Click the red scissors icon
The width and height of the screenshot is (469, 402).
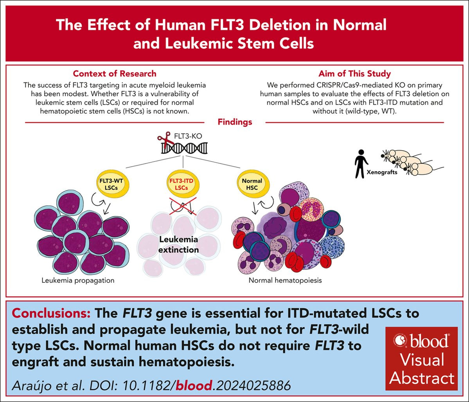(165, 140)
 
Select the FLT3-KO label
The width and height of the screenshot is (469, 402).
(188, 136)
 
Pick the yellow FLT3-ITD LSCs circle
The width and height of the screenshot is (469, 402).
(181, 185)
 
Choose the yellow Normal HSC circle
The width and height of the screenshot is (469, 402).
(252, 185)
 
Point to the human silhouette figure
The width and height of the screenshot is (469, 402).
(361, 164)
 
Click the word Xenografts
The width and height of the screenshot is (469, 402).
(382, 172)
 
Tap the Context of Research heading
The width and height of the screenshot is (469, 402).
(115, 74)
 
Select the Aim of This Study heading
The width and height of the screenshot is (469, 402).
(354, 74)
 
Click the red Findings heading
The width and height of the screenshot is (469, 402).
(235, 122)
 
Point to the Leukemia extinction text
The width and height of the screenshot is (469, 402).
(179, 244)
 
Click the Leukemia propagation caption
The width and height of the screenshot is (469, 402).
(78, 280)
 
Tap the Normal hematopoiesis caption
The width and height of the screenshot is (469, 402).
(285, 280)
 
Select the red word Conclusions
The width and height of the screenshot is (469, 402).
(51, 313)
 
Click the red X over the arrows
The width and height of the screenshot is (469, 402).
(183, 206)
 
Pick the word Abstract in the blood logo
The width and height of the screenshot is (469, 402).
(422, 378)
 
